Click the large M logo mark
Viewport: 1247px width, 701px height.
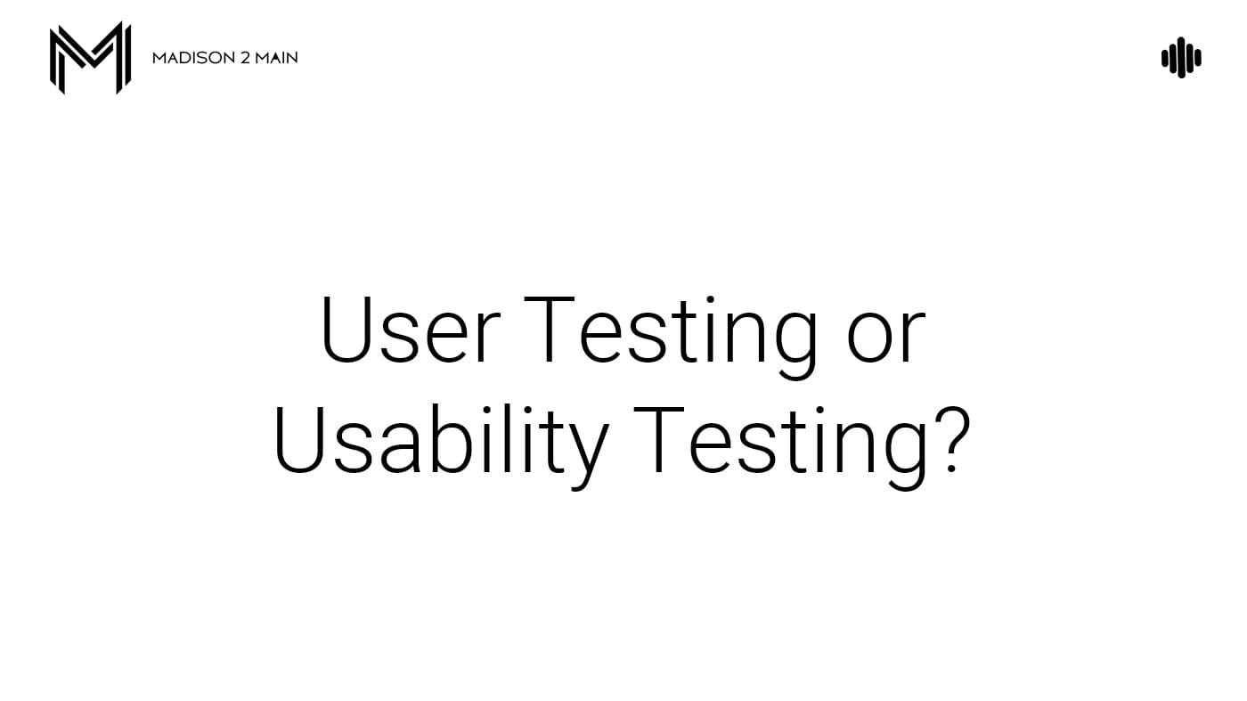click(90, 58)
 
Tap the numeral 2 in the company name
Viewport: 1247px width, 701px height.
click(245, 58)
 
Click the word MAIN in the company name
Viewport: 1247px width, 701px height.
click(277, 58)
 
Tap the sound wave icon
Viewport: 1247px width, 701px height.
click(1181, 58)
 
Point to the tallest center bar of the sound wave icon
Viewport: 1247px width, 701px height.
click(1181, 58)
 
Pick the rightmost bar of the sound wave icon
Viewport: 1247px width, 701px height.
click(1198, 58)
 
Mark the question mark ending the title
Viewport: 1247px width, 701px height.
click(952, 440)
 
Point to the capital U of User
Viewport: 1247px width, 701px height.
click(346, 330)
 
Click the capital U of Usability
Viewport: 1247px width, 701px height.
click(299, 440)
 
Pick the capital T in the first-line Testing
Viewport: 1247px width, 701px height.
click(549, 330)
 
